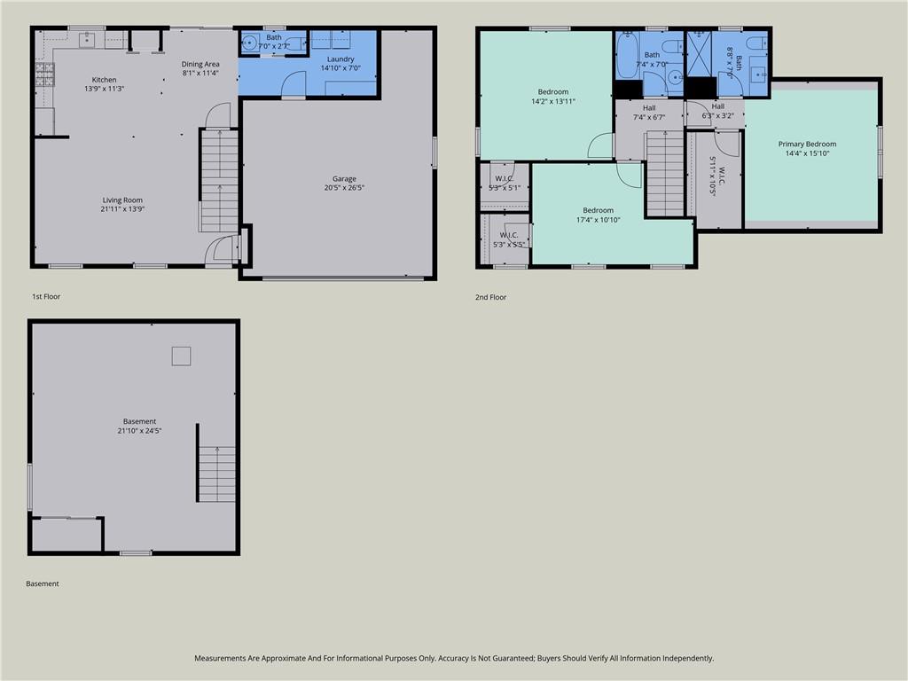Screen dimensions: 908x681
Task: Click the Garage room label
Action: [x=344, y=179]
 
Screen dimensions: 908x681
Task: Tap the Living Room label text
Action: [x=122, y=200]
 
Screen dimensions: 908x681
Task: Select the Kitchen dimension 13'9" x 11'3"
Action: [x=105, y=90]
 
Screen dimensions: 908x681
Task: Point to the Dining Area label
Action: [x=200, y=64]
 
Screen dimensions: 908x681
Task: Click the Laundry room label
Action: [x=340, y=59]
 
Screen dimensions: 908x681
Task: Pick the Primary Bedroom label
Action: [x=807, y=145]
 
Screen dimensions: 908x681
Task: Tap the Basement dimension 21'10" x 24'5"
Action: [x=139, y=431]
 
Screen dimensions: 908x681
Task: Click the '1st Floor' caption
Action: [x=46, y=296]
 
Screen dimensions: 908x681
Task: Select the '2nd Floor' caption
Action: [x=490, y=297]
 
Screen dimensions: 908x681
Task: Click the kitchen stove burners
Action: [x=44, y=74]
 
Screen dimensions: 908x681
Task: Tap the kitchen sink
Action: [x=87, y=39]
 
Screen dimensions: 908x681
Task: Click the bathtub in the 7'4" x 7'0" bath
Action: [x=626, y=55]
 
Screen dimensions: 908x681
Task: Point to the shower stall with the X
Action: [x=699, y=53]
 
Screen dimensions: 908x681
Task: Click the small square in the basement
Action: [x=181, y=356]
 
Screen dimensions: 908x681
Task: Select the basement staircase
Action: [x=216, y=474]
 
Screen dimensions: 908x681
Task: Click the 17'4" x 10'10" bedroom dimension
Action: [x=599, y=220]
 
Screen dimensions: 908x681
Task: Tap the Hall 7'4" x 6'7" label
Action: [x=649, y=113]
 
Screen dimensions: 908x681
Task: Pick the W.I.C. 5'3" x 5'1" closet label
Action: [x=505, y=183]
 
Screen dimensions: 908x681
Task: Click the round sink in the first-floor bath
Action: [x=250, y=43]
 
